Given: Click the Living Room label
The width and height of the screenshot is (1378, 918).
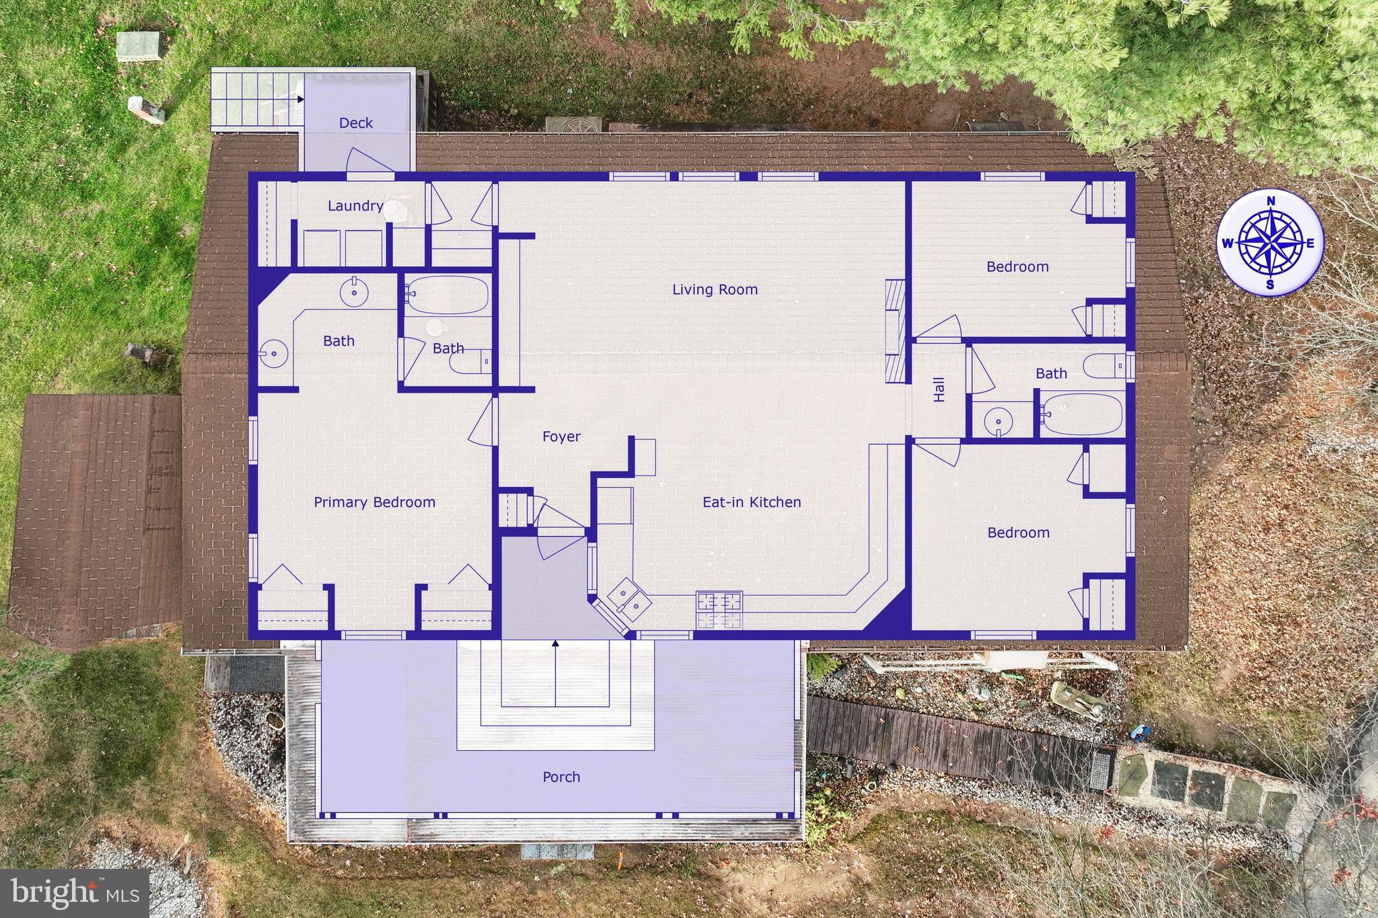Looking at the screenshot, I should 715,290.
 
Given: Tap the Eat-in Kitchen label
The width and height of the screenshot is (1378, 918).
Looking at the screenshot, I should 752,502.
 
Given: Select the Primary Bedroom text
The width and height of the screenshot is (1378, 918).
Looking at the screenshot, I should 374,502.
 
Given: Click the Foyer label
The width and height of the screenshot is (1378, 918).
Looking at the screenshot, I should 561,437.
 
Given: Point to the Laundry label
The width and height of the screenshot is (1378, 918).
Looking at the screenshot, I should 355,206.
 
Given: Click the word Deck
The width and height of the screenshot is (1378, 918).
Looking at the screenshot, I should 355,123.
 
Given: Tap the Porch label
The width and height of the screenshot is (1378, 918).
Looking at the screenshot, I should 561,777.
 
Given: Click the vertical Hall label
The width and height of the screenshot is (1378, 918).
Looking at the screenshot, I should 939,389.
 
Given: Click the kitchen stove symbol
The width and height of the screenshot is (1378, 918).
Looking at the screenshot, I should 719,609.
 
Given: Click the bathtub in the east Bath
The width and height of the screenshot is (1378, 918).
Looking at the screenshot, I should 1081,414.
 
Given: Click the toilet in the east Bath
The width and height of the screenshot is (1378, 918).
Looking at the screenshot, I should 1103,366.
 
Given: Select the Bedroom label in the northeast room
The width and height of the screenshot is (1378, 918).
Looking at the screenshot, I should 1017,267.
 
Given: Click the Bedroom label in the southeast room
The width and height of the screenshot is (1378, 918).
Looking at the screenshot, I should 1018,533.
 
